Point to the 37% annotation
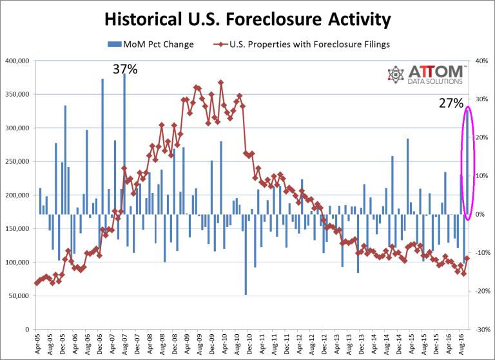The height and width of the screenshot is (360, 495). pos(125,69)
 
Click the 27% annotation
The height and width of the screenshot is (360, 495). pos(452,103)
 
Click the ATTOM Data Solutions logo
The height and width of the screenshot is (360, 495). pos(425,76)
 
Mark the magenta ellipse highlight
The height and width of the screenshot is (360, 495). pos(469,163)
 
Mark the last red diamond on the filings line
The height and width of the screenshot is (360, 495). pos(466,259)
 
